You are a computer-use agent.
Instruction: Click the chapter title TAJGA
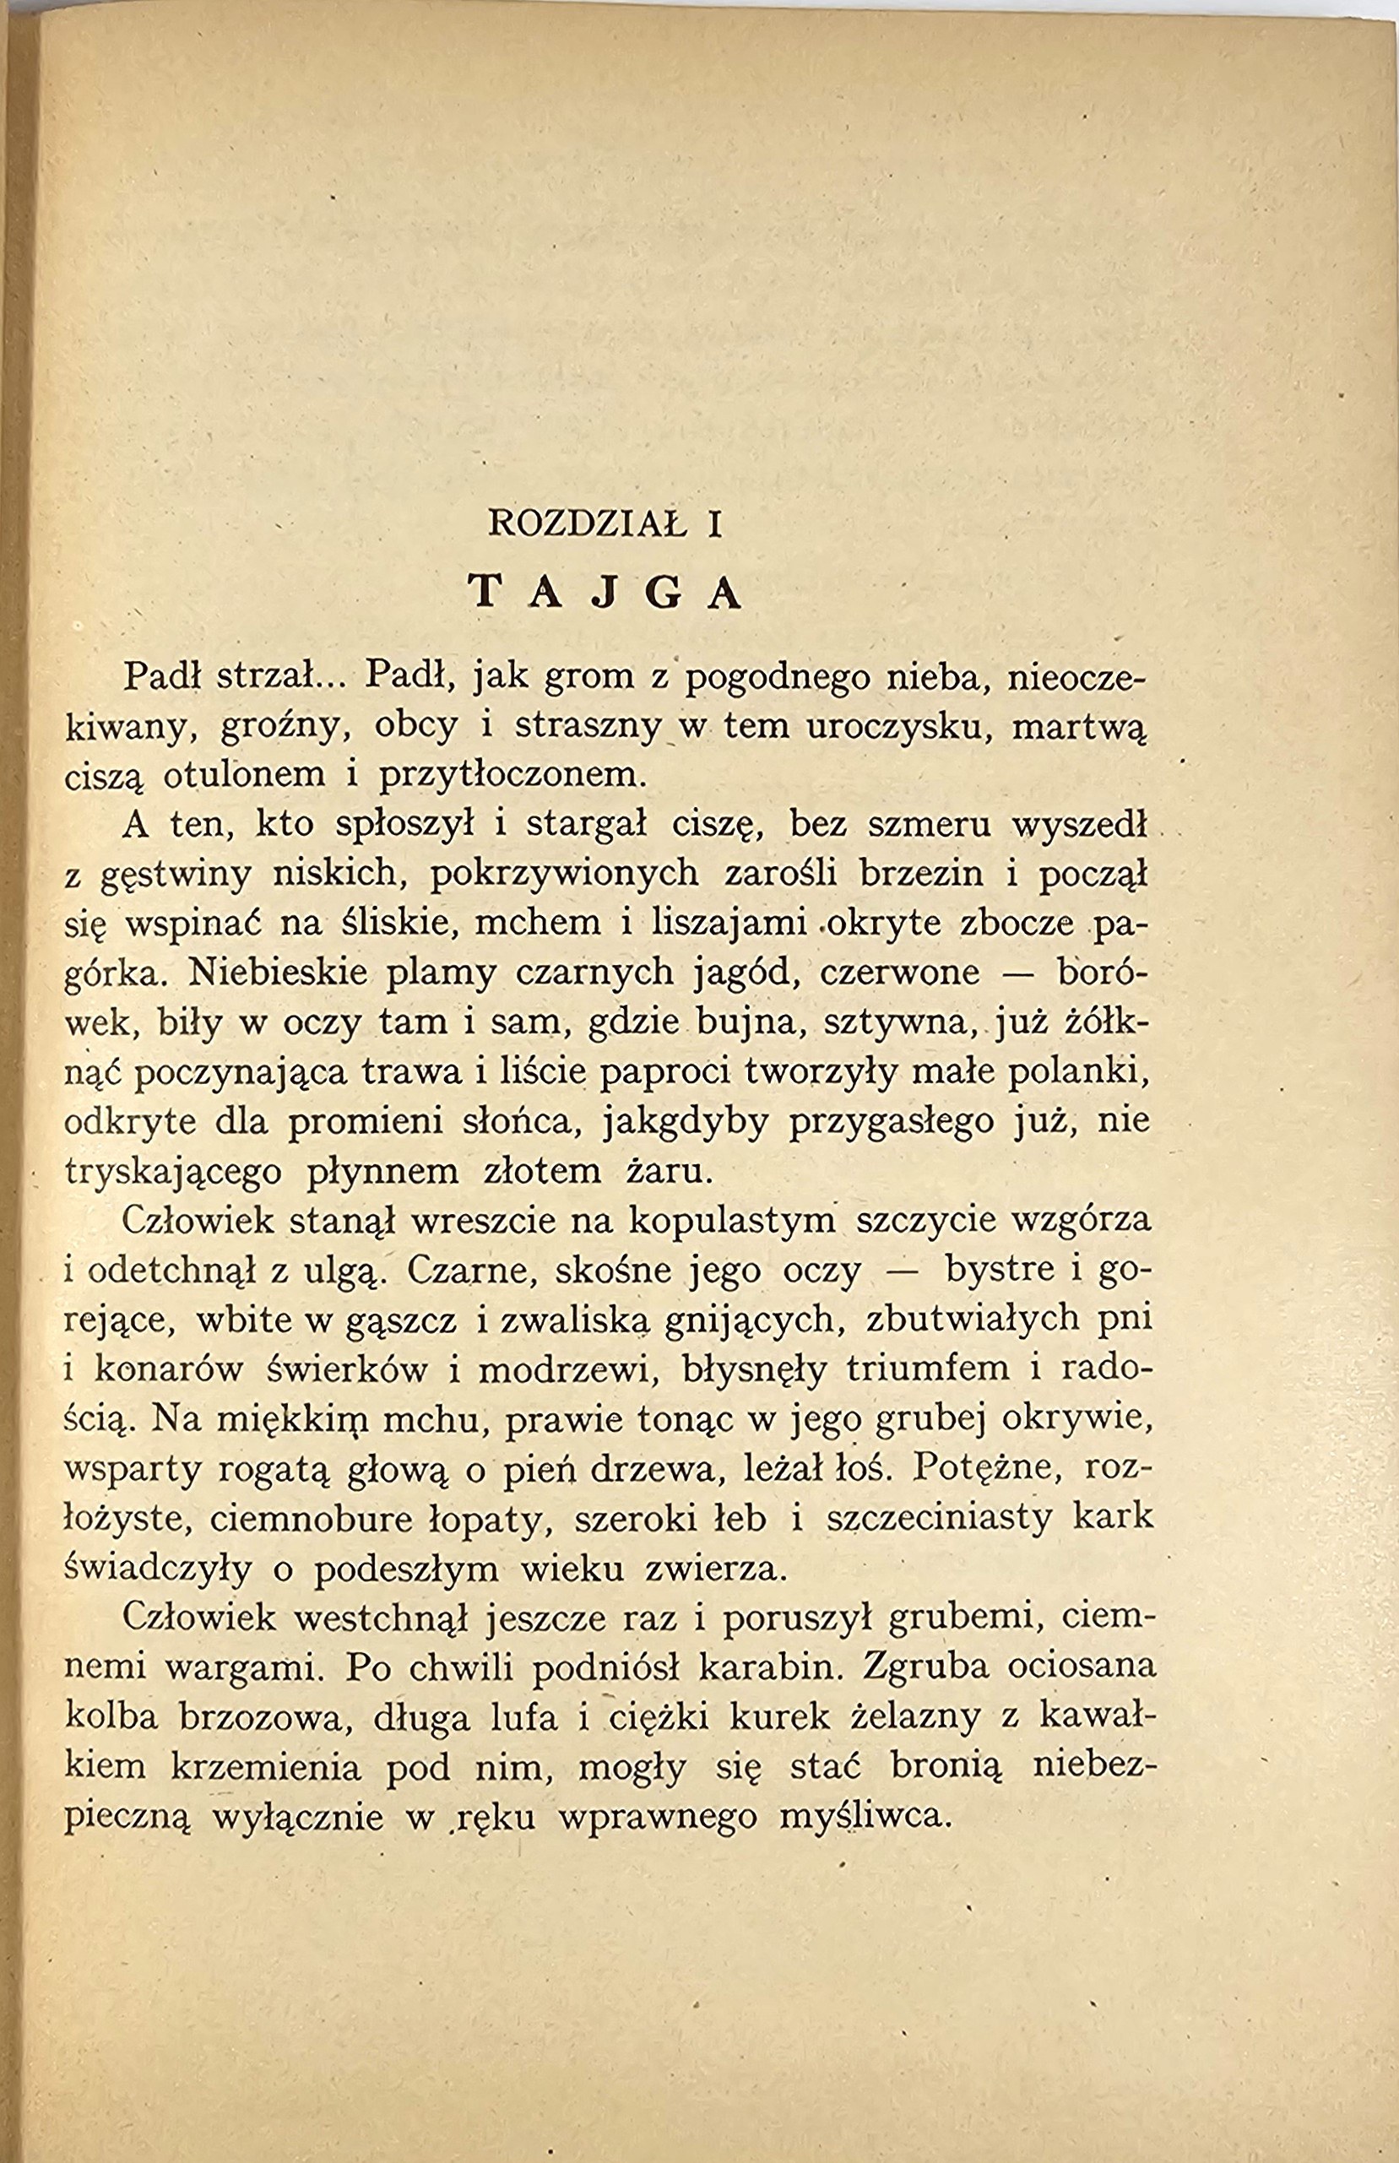[606, 594]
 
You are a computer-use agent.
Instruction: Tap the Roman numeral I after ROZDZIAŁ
[715, 526]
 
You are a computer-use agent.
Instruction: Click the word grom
[583, 677]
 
